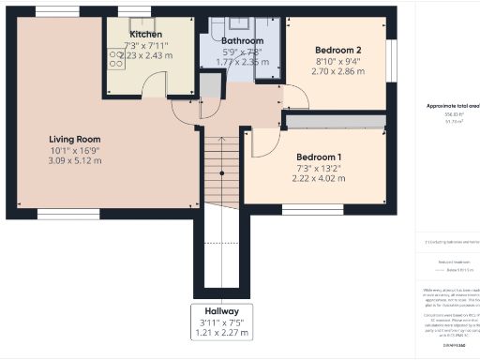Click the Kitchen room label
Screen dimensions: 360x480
145,35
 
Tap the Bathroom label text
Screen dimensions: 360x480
243,41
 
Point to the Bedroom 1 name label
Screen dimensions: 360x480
319,157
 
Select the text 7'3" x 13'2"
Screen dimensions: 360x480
319,169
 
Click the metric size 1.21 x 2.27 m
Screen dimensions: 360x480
222,332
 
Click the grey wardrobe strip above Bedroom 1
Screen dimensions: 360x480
335,122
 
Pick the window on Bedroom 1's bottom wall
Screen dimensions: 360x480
300,210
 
